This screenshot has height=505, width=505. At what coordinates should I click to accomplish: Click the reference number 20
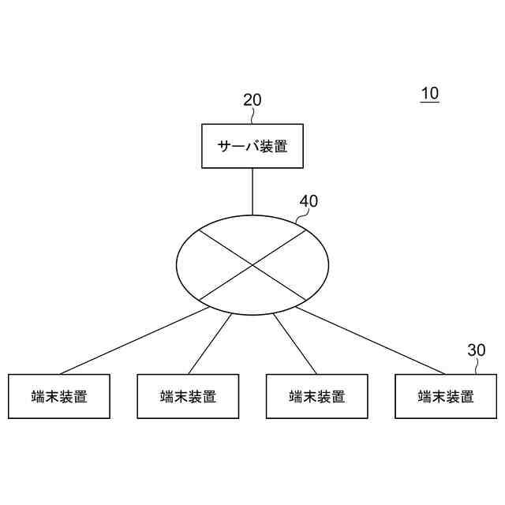tap(252, 100)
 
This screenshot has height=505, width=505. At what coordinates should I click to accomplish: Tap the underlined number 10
tap(429, 94)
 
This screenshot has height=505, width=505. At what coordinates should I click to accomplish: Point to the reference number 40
tap(309, 201)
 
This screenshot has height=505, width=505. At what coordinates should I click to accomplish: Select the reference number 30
tap(477, 350)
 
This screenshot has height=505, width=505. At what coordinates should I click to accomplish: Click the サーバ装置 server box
tap(252, 146)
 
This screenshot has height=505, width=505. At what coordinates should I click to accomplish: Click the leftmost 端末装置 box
tap(59, 396)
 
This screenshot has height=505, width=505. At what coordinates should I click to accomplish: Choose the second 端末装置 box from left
tap(188, 396)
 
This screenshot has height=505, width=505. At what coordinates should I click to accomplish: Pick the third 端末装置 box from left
tap(316, 396)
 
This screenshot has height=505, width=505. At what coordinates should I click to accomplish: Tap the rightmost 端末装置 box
tap(446, 396)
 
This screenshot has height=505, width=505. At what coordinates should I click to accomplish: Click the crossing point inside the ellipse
tap(252, 264)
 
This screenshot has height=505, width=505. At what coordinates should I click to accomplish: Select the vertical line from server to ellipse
tap(252, 191)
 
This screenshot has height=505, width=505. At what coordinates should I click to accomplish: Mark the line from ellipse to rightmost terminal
tap(371, 341)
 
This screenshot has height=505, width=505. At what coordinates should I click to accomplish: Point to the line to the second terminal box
tap(210, 343)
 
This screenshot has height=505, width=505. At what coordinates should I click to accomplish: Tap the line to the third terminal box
tap(295, 343)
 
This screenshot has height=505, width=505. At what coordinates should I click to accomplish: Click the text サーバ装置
tap(252, 146)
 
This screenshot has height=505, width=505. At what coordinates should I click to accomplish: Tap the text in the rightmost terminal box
tap(446, 396)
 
